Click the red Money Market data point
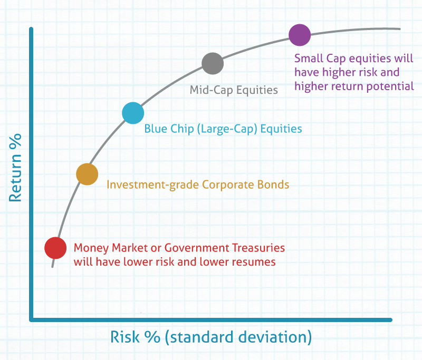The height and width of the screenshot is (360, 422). pyautogui.click(x=55, y=248)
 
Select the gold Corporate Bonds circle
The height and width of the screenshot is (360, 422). pyautogui.click(x=87, y=174)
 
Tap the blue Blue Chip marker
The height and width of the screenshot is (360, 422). pyautogui.click(x=133, y=113)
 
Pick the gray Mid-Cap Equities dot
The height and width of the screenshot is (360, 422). pyautogui.click(x=213, y=63)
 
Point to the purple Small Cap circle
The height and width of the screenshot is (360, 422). pyautogui.click(x=300, y=35)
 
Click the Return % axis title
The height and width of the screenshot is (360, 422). pyautogui.click(x=15, y=168)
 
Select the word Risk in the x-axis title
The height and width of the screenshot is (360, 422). pyautogui.click(x=125, y=337)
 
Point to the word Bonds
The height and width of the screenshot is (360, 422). pyautogui.click(x=273, y=184)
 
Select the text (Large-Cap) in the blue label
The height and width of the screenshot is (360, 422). pyautogui.click(x=227, y=129)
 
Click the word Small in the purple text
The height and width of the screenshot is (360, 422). pyautogui.click(x=309, y=59)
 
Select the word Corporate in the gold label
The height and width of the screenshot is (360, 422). pyautogui.click(x=228, y=185)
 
